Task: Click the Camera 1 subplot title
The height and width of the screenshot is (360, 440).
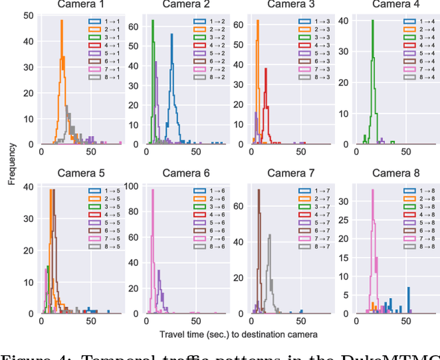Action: pos(82,4)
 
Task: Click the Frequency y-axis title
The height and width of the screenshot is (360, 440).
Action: pos(12,164)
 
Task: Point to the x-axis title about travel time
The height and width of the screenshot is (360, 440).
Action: pos(238,335)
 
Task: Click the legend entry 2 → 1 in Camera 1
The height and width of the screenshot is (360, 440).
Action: pos(104,30)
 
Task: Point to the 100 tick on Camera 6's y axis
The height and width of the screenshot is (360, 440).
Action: pos(133,184)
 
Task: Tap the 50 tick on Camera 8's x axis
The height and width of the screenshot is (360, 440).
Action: pos(406,320)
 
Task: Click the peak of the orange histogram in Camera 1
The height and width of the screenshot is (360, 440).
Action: pos(61,20)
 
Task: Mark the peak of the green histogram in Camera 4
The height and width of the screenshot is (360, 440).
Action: pos(372,20)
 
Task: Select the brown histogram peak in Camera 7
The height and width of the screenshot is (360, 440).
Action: pos(258,190)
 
